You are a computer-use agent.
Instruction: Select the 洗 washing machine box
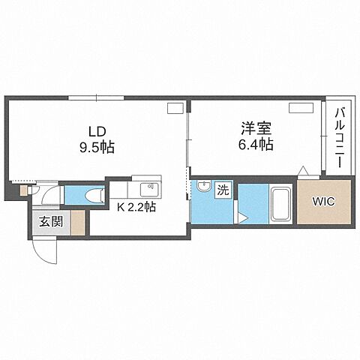point(222,190)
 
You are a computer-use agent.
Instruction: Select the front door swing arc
point(43,251)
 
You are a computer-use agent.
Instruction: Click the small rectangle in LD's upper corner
point(175,109)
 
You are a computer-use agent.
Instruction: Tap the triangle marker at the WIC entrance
point(302,171)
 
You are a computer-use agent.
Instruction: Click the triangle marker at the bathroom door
point(244,218)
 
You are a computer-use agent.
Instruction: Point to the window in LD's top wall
point(96,97)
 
